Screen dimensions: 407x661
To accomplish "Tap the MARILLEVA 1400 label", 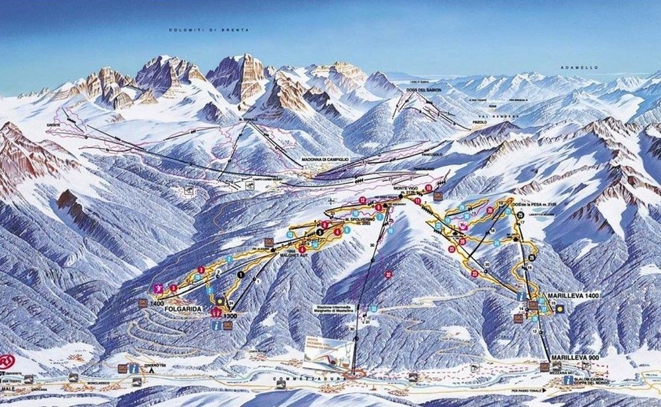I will (x=572, y=295).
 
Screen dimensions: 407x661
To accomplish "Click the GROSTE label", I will (x=54, y=125).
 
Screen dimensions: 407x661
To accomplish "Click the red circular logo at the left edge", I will (x=7, y=361).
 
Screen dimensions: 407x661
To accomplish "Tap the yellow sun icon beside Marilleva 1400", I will (x=561, y=309).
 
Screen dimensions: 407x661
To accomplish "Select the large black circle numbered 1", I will (x=241, y=274).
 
